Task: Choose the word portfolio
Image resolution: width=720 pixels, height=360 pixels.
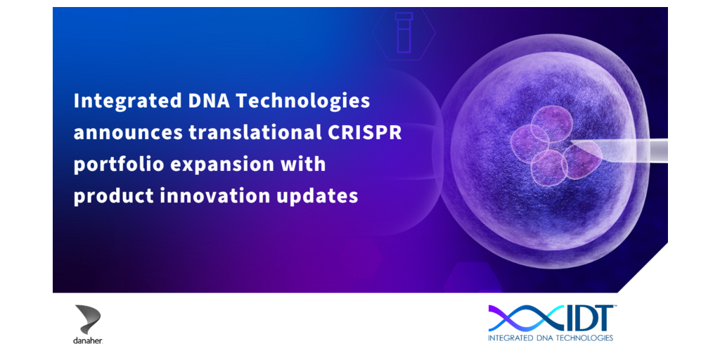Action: point(119,165)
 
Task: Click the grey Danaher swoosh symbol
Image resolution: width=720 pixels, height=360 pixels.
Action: point(88,319)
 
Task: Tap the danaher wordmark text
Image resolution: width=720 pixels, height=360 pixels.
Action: point(88,341)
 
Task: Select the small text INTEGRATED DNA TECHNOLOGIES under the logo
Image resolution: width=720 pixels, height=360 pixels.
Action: point(551,338)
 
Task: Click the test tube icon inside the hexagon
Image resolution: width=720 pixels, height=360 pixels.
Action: point(404,32)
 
